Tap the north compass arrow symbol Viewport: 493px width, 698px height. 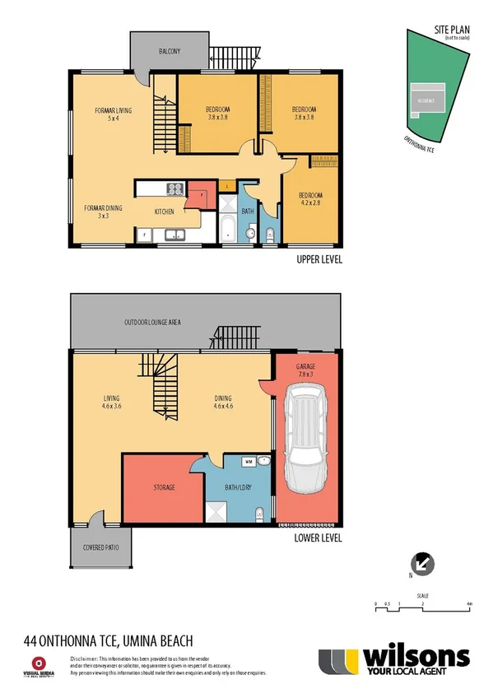tap(422, 564)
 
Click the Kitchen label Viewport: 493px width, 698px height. tap(165, 212)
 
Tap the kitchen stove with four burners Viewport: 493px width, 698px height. tap(174, 188)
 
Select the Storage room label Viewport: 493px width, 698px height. tap(164, 487)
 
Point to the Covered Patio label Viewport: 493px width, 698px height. tap(99, 547)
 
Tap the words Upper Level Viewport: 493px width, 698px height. tap(319, 259)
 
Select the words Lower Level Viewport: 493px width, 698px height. tap(318, 539)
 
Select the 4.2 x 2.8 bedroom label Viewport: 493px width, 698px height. tap(311, 199)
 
